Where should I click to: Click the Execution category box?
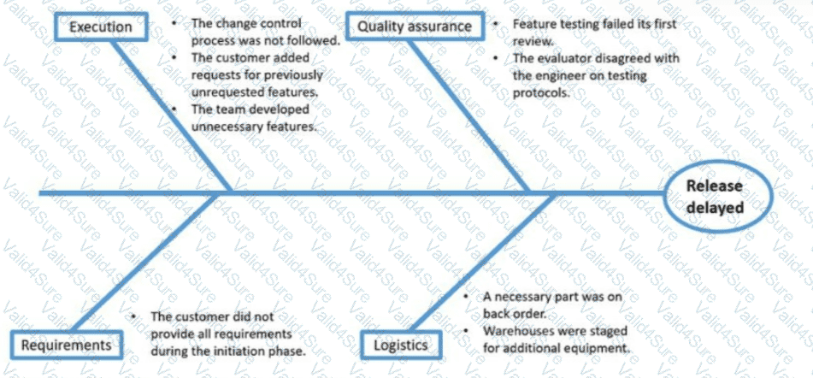tap(101, 27)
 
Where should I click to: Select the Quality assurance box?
tap(415, 27)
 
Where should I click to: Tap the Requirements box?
tap(67, 345)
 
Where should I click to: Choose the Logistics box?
tap(401, 345)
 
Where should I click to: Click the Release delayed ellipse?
tap(719, 197)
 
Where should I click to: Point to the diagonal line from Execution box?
tap(172, 116)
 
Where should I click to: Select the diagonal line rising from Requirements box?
tap(143, 263)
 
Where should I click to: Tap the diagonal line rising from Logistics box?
tap(482, 263)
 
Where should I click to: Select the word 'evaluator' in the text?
tap(567, 57)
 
